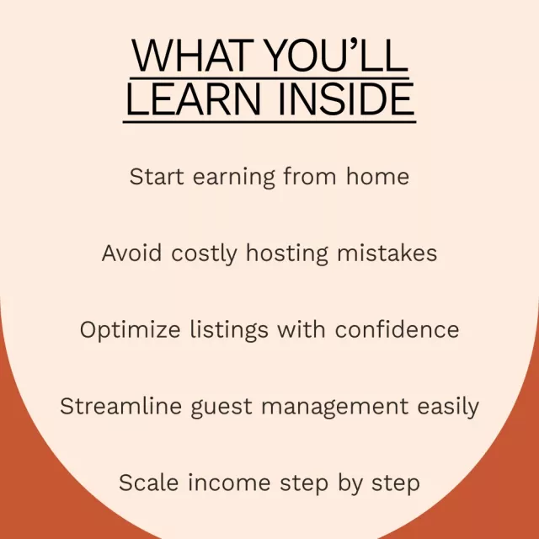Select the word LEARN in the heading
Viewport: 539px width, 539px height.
coord(194,99)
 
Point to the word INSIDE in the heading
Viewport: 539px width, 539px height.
coord(346,99)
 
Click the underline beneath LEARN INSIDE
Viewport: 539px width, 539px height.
coord(269,121)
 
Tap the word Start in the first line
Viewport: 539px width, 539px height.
coord(157,176)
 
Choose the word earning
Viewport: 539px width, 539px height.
coord(234,178)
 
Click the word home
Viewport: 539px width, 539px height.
coord(377,176)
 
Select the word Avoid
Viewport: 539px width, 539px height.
coord(131,253)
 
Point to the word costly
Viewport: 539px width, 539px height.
coord(204,254)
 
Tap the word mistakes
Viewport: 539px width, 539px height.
coord(387,253)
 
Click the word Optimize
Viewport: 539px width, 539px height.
coord(130,331)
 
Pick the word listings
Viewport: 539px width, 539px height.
coord(229,331)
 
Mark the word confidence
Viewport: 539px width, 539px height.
coord(397,329)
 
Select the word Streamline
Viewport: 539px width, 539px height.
coord(121,406)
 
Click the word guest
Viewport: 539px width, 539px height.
coord(221,408)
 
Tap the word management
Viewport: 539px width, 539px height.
coord(335,408)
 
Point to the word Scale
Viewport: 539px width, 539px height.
coord(148,483)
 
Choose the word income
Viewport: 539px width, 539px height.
coord(229,483)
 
